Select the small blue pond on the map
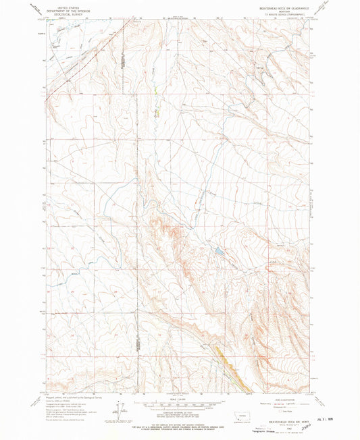220,253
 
